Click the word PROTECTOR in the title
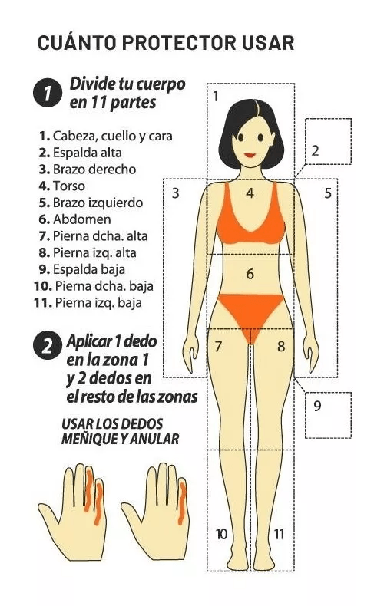179,43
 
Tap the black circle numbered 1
47,93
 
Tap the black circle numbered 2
47,345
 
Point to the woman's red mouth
250,156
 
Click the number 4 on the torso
250,193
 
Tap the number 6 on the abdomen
250,274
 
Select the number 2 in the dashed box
315,150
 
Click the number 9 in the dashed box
317,406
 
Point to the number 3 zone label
176,193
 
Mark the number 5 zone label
328,193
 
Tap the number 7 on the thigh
218,346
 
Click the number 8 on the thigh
281,346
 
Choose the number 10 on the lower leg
221,534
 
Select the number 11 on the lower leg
279,534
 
